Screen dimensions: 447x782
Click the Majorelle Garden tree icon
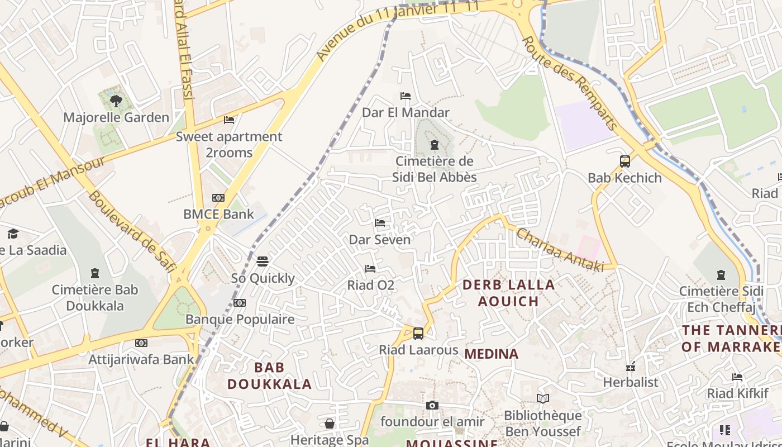tap(116, 101)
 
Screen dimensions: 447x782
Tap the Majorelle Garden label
tap(116, 117)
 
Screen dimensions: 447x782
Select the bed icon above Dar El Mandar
tap(406, 96)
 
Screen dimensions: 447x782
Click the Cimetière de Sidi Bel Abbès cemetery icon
tap(434, 145)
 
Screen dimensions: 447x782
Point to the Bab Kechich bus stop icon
tap(625, 161)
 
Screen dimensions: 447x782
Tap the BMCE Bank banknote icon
tap(218, 198)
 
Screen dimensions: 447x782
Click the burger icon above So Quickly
tap(263, 261)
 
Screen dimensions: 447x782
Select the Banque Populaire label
tap(240, 319)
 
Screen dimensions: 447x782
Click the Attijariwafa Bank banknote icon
tap(141, 343)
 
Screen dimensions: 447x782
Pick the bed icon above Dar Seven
tap(380, 223)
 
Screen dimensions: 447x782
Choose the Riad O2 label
tap(371, 286)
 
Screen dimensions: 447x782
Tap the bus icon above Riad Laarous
tap(418, 334)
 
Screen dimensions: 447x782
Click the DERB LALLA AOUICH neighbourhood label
tap(509, 293)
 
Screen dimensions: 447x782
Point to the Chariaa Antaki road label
tap(560, 250)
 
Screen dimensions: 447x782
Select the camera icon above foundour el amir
tap(432, 406)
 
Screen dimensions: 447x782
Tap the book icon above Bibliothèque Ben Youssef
tap(543, 399)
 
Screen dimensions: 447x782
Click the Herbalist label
tap(631, 383)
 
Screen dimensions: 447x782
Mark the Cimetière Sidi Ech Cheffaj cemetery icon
tap(721, 275)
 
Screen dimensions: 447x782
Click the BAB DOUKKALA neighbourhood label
tap(270, 376)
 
